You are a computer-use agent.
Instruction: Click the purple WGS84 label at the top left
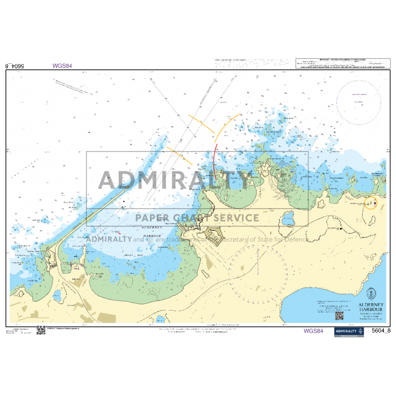(62, 66)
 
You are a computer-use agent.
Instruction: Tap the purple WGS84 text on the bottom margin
(313, 331)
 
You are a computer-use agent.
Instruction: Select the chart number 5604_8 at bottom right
(381, 331)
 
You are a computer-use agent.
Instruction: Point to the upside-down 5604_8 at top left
(15, 66)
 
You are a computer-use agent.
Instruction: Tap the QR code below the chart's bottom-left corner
(41, 330)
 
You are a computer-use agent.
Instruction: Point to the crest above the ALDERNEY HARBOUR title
(371, 294)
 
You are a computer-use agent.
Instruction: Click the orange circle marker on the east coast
(371, 203)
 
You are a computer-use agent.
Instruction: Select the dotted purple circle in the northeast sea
(358, 100)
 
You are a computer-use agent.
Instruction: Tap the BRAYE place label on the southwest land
(77, 278)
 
